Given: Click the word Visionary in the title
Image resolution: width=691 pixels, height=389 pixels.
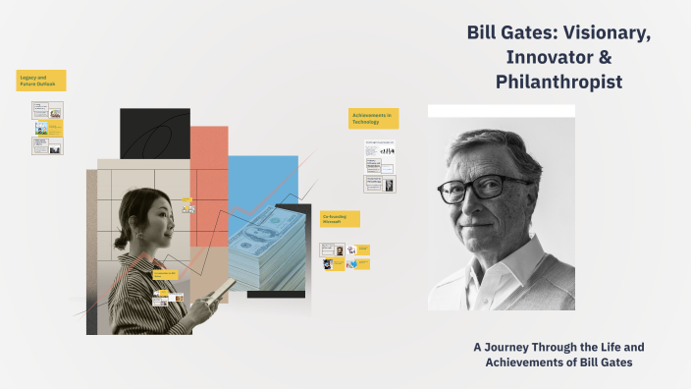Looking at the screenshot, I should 601,33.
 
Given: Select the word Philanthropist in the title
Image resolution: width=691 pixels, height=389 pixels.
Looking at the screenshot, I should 558,83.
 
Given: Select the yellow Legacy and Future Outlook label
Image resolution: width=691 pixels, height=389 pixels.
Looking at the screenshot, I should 40,81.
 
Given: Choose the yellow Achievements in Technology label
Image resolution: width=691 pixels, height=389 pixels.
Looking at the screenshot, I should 373,118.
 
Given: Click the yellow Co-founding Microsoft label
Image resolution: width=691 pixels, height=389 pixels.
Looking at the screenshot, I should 340,219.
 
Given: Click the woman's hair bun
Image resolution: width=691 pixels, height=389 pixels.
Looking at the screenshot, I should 121,240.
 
